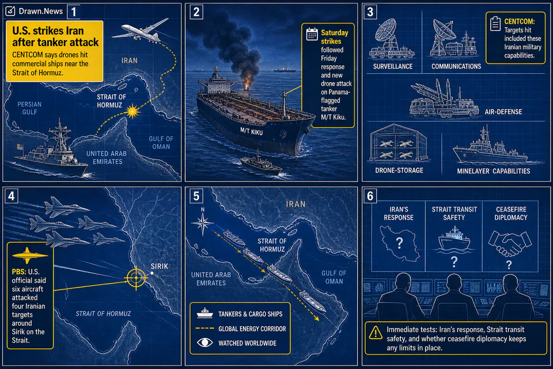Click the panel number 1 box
74,12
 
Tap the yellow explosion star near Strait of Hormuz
132,111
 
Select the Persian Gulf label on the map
29,108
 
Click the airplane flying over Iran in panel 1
141,31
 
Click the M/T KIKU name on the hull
252,131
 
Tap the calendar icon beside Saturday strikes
312,34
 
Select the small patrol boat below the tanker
261,164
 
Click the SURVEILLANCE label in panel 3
393,66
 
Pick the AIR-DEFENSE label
503,112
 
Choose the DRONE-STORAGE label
399,171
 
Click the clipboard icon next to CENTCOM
495,24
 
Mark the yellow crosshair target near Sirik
136,278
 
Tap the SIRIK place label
160,266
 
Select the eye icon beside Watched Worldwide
204,342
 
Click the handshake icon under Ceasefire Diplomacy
509,243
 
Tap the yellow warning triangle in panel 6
376,333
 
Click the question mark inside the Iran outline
399,243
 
